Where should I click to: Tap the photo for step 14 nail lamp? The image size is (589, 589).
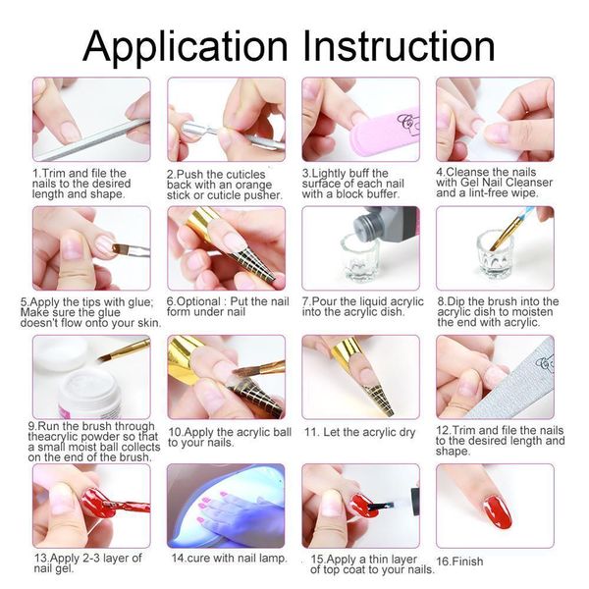click(x=226, y=506)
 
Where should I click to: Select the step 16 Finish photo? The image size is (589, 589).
click(x=495, y=506)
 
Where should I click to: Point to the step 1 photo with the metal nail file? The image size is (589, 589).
click(x=91, y=119)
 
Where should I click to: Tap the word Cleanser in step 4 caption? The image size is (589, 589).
click(x=531, y=182)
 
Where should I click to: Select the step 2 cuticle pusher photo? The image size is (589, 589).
click(x=226, y=119)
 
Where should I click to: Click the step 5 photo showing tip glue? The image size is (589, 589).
click(x=91, y=247)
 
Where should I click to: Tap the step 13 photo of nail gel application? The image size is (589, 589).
click(x=91, y=506)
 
